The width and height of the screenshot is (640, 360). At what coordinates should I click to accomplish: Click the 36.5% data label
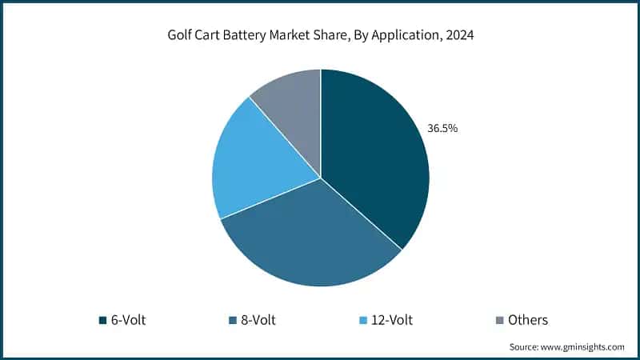click(x=442, y=128)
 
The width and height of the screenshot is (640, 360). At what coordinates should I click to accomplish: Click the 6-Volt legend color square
click(x=102, y=320)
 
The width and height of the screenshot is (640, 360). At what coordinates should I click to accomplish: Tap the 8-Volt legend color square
click(x=232, y=320)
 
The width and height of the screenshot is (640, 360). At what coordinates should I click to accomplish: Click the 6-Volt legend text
click(x=128, y=320)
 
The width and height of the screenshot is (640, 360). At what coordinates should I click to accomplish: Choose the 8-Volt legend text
click(x=258, y=320)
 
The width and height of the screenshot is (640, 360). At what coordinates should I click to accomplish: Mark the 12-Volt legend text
click(x=391, y=320)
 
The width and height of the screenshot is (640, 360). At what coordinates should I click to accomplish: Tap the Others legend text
click(x=528, y=320)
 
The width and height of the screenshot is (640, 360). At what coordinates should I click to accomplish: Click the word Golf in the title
click(x=179, y=36)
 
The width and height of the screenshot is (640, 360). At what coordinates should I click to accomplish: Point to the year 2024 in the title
click(x=458, y=36)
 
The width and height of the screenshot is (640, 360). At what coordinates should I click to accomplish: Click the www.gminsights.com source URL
click(x=586, y=346)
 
